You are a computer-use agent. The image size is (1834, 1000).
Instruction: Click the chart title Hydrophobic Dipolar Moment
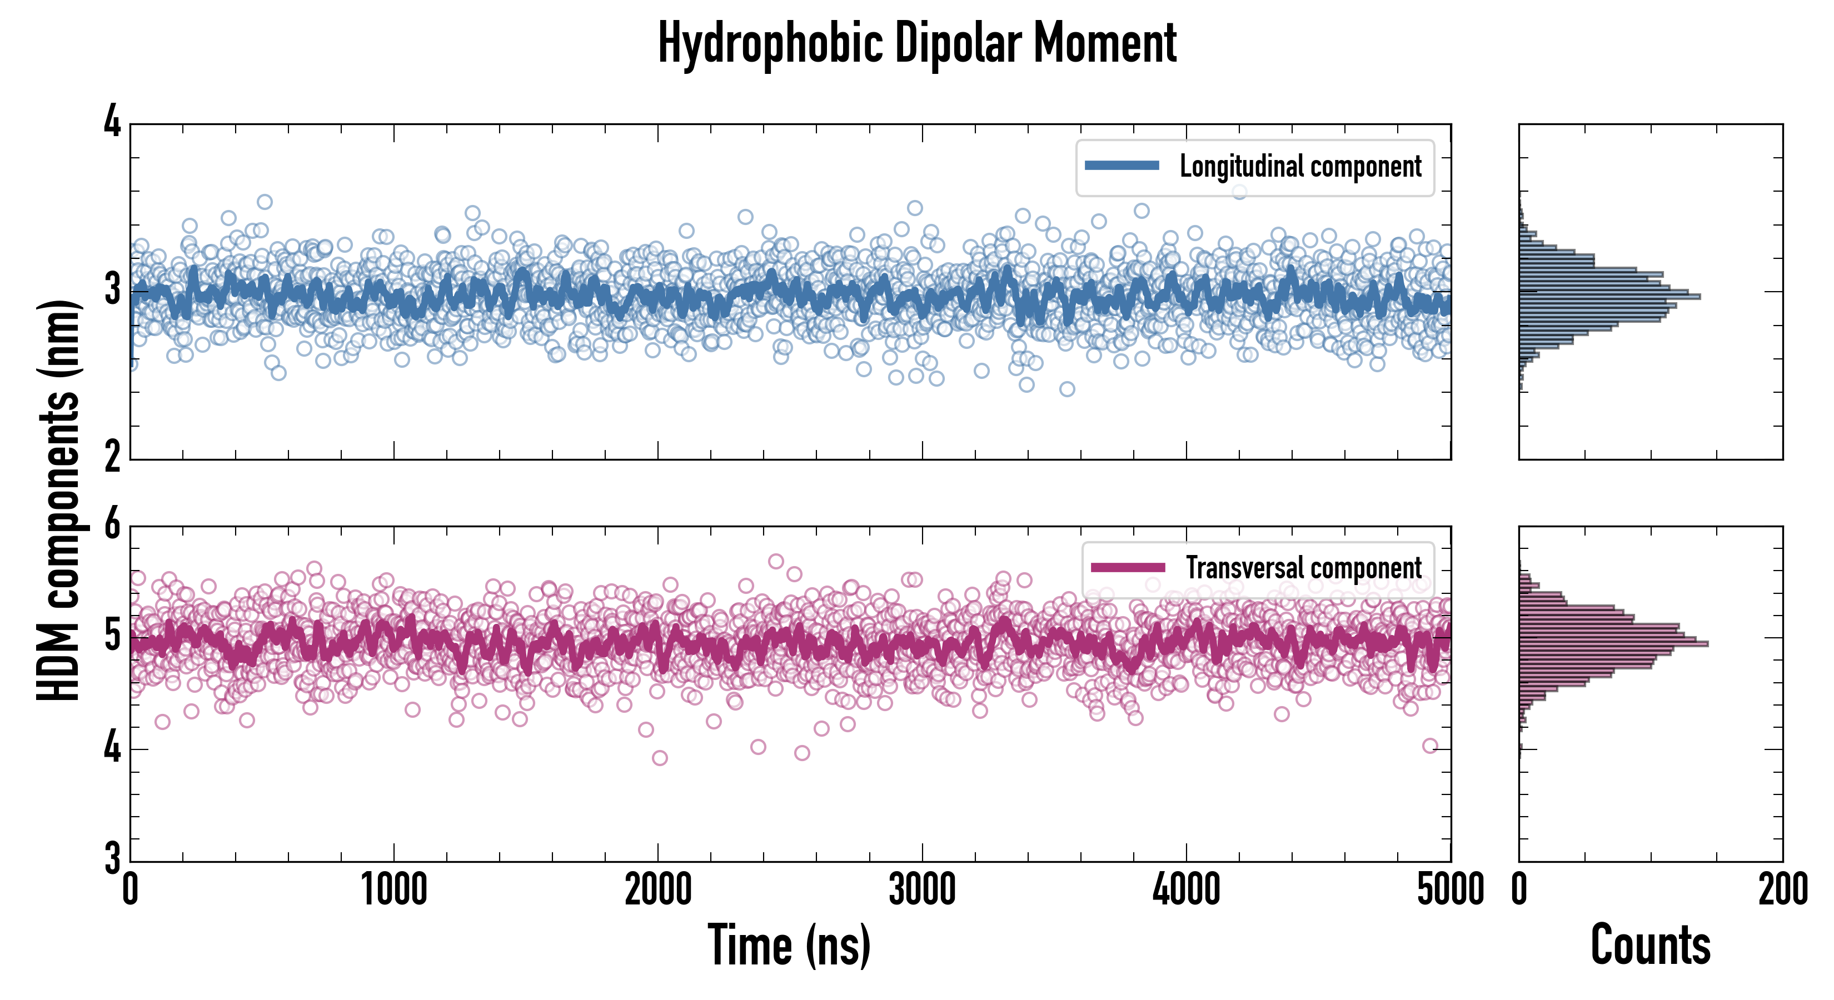(x=917, y=44)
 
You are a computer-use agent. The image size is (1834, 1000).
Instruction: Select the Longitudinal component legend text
(x=1300, y=167)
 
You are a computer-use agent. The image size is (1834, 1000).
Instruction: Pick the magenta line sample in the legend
(x=1128, y=567)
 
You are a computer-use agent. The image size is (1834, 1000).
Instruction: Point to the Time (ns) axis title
(x=789, y=944)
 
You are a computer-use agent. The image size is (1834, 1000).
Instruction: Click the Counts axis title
(x=1650, y=944)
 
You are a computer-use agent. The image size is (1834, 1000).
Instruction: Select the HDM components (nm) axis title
(x=58, y=501)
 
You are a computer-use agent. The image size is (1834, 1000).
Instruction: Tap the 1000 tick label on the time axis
(x=393, y=889)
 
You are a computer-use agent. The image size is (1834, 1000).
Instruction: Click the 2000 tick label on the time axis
(x=658, y=889)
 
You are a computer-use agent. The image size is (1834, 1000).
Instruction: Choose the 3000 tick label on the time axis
(x=922, y=889)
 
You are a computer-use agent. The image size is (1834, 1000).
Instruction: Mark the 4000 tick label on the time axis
(x=1186, y=889)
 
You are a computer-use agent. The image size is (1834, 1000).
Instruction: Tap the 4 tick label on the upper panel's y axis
(x=112, y=122)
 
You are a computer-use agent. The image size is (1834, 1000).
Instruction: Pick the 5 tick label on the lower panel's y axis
(x=112, y=636)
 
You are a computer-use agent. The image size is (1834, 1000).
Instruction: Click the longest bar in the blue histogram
(x=1609, y=296)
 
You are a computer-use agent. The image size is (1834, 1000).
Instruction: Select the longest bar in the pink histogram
(x=1613, y=644)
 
